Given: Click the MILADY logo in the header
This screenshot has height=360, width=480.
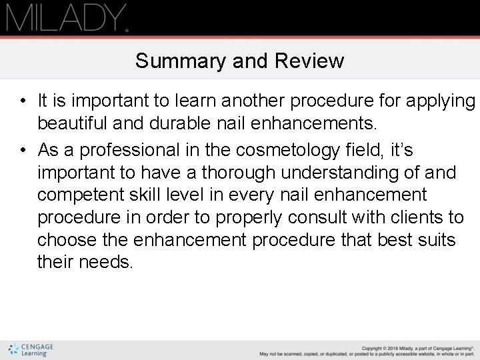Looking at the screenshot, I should pyautogui.click(x=67, y=19).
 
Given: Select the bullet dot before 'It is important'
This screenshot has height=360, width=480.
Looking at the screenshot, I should pyautogui.click(x=23, y=101).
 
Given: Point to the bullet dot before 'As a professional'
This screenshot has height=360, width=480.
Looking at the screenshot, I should pyautogui.click(x=23, y=149).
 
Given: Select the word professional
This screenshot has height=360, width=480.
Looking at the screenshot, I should pyautogui.click(x=134, y=149).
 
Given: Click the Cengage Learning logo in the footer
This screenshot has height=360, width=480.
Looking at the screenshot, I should pyautogui.click(x=31, y=350).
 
